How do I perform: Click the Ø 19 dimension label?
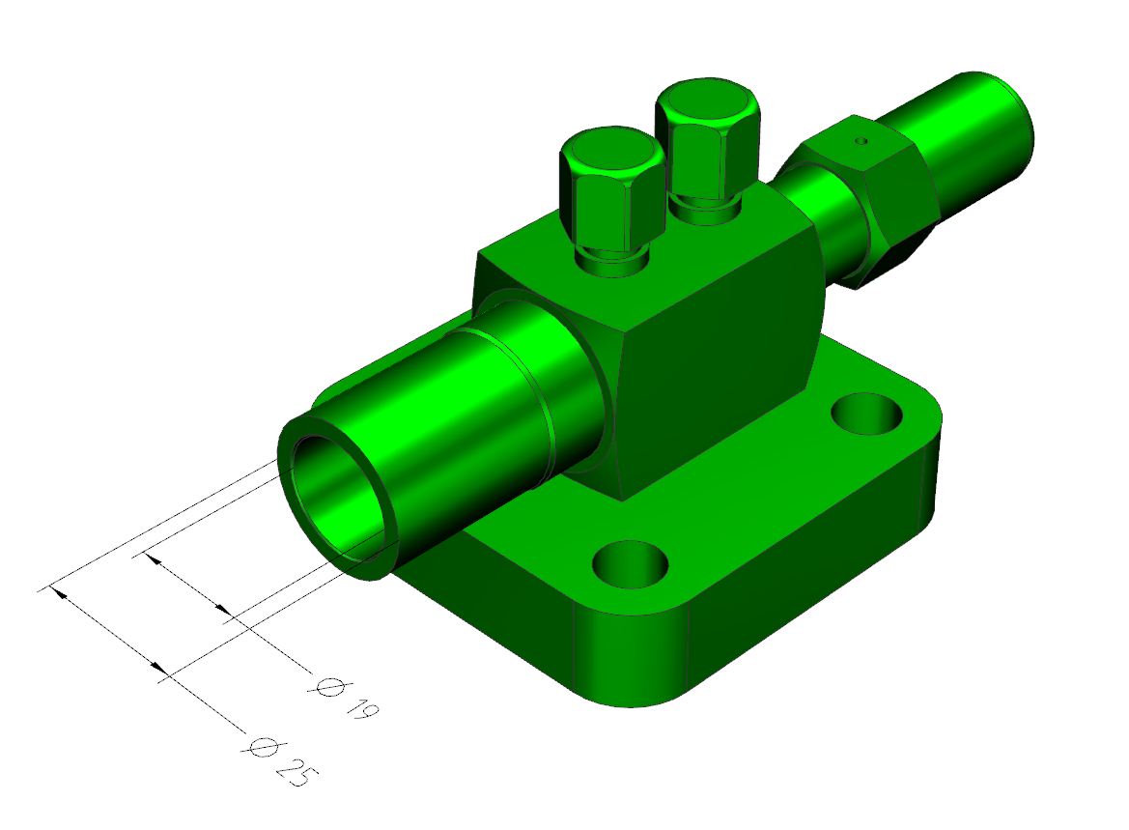346,699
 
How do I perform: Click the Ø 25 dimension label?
280,760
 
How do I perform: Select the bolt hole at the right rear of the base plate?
866,413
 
